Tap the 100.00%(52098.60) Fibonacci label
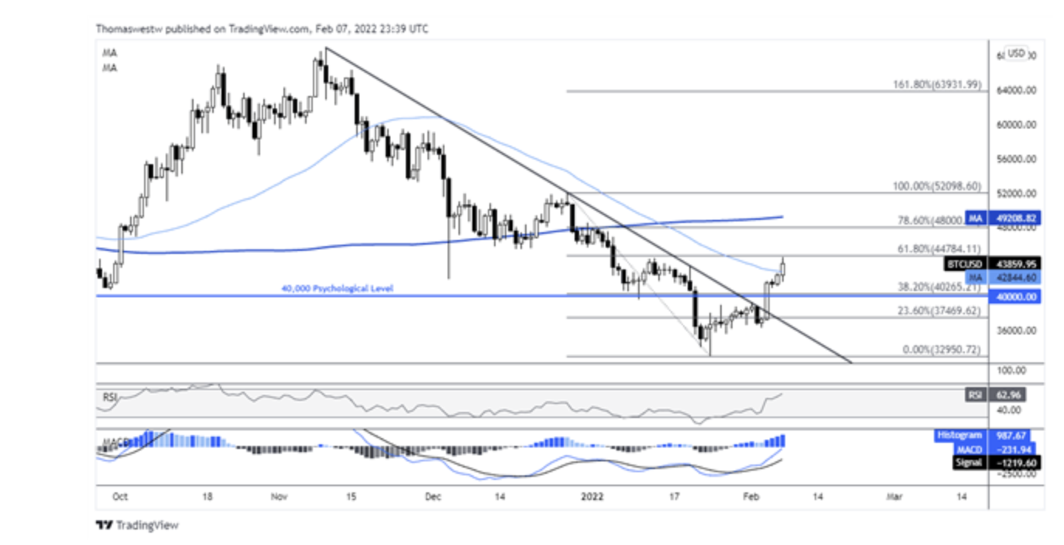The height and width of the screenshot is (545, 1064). tap(937, 187)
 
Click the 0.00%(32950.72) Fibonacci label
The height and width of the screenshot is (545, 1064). tap(942, 350)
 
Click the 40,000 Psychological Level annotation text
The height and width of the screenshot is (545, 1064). tap(337, 289)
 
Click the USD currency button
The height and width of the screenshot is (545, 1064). tap(1016, 53)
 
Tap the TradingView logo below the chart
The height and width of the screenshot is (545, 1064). tap(137, 526)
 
